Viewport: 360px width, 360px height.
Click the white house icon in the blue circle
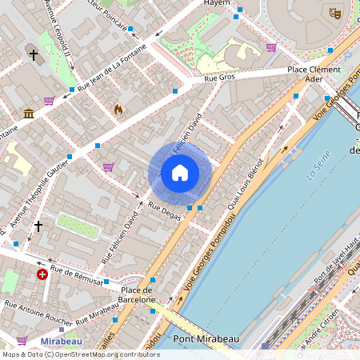[x=180, y=173]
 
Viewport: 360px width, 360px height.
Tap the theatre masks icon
[x=336, y=14]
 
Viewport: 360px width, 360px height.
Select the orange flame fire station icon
[x=119, y=109]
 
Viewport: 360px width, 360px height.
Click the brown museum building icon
[x=29, y=114]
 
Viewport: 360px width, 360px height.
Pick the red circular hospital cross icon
[x=42, y=274]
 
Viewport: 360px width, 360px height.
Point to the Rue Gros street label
[x=220, y=78]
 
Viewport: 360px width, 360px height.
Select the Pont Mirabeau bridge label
[x=206, y=339]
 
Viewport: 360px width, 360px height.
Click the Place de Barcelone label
[x=137, y=294]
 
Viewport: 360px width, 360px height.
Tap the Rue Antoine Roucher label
[x=40, y=306]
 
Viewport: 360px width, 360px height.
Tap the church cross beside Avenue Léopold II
[x=34, y=55]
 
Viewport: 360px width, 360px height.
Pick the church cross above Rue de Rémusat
[x=38, y=226]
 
